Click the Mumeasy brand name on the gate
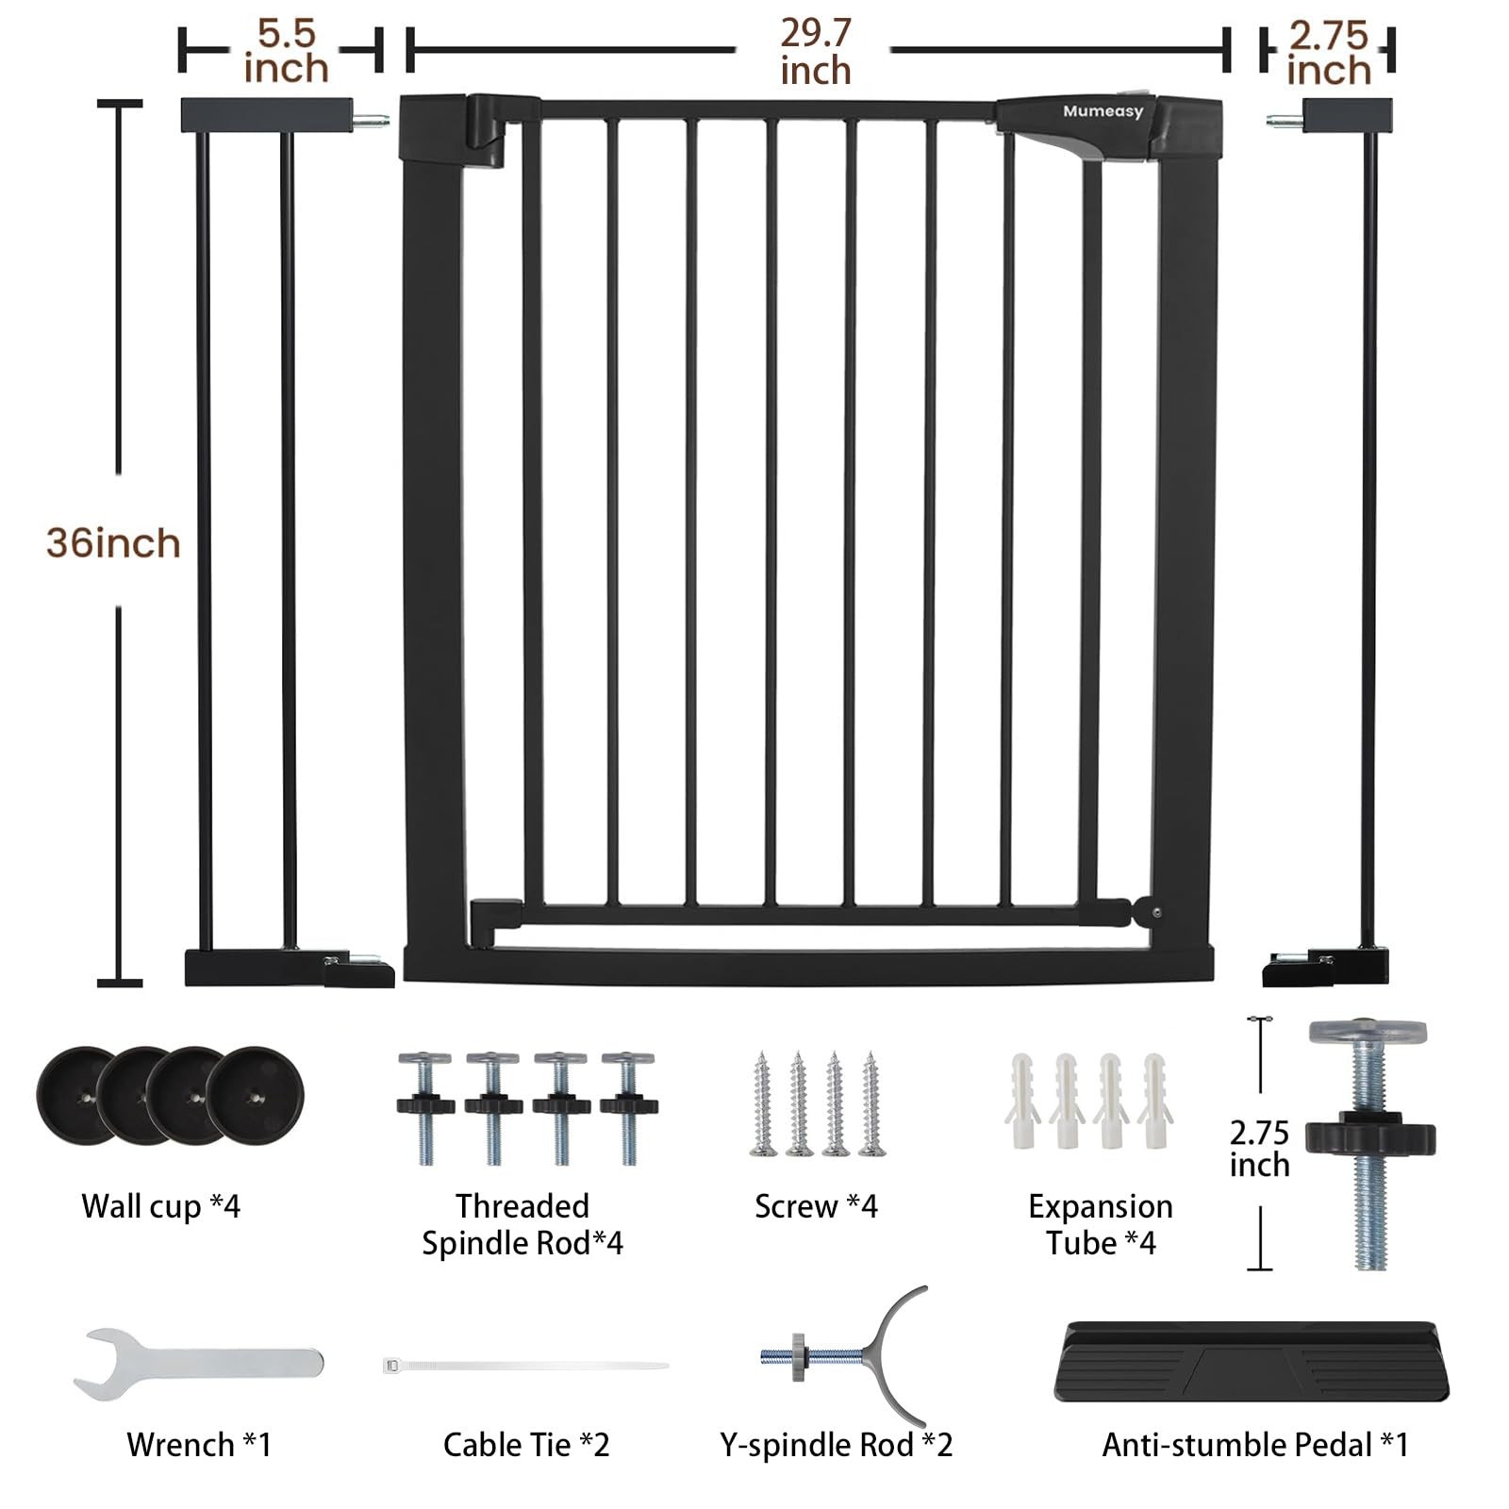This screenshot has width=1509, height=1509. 1103,111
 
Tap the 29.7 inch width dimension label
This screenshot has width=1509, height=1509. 816,52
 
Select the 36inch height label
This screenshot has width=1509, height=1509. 113,543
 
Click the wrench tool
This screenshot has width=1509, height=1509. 198,1363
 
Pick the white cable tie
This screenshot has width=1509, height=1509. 525,1365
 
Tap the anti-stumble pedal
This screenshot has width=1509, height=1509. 1251,1361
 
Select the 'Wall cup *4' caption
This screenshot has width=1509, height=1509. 160,1206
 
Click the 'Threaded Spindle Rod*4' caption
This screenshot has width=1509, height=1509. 522,1224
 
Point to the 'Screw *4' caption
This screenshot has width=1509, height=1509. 816,1206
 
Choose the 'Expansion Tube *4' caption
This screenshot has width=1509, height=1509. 1101,1224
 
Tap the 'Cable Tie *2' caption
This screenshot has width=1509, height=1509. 526,1445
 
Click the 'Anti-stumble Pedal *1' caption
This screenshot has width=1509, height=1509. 1255,1445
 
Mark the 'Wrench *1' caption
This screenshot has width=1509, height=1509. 199,1445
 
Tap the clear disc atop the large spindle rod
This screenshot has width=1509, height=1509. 1368,1031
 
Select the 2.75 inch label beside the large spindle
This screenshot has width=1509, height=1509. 1259,1148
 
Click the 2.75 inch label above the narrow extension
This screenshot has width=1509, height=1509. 1328,53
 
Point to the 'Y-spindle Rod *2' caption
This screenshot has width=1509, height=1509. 837,1445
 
